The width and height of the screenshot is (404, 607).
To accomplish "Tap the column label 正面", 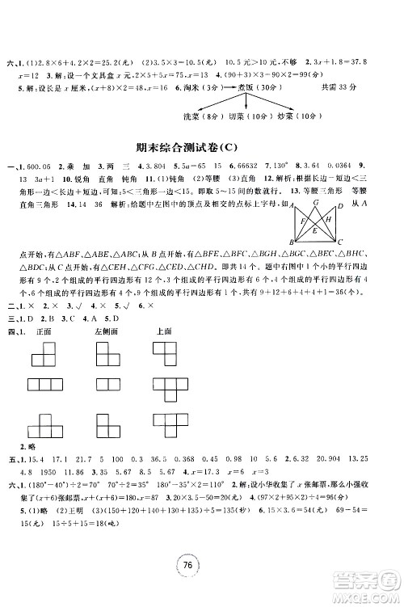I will point(46,331).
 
